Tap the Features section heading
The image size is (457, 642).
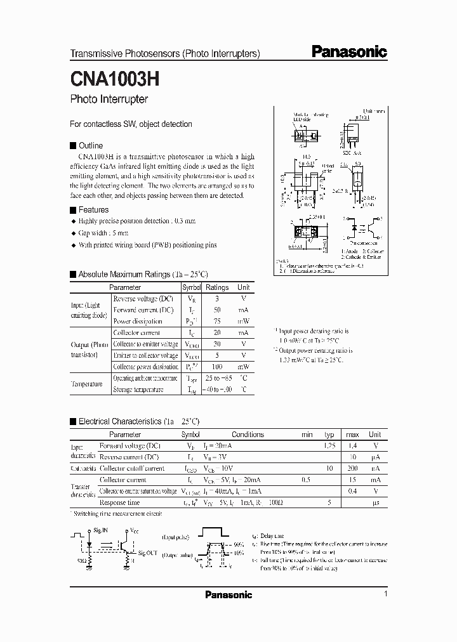[93, 210]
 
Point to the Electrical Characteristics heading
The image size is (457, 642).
[138, 421]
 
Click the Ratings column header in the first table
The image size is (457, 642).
[217, 287]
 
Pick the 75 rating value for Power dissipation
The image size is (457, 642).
[217, 321]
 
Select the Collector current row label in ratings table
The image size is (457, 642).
[136, 332]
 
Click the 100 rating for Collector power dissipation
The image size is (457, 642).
[217, 367]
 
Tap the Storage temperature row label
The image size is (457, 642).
[138, 390]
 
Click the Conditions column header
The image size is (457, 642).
[248, 435]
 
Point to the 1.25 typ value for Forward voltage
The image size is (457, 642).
[329, 446]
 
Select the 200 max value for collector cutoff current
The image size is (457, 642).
[353, 469]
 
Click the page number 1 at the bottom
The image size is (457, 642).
[385, 594]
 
